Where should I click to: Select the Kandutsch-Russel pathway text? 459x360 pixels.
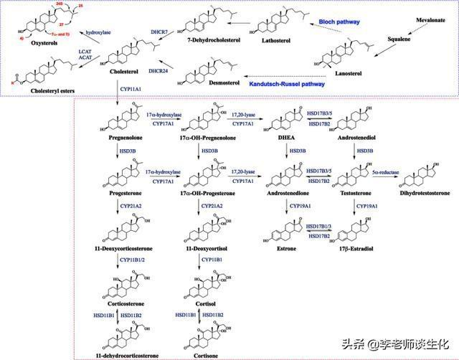tap(287, 83)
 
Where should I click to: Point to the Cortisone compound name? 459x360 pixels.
tap(199, 355)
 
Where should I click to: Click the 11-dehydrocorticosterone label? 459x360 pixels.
tap(117, 355)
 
